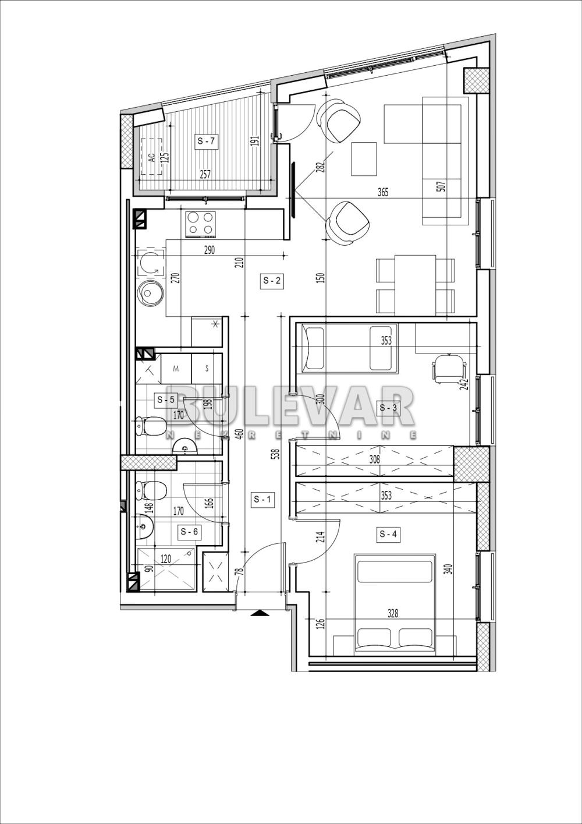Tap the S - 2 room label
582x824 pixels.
point(272,281)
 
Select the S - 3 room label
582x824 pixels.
point(388,408)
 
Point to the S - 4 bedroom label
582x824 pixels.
point(388,533)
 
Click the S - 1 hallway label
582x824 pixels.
point(262,499)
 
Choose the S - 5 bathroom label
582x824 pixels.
point(165,399)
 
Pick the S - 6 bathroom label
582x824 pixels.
point(189,531)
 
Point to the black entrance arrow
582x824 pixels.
point(259,613)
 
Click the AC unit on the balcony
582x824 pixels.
point(152,156)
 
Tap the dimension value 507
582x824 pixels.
point(441,186)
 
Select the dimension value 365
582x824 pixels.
point(382,192)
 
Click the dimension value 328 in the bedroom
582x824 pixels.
point(393,613)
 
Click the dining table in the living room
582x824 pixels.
point(415,284)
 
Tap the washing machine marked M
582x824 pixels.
point(176,369)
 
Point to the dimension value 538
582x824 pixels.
point(276,453)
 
